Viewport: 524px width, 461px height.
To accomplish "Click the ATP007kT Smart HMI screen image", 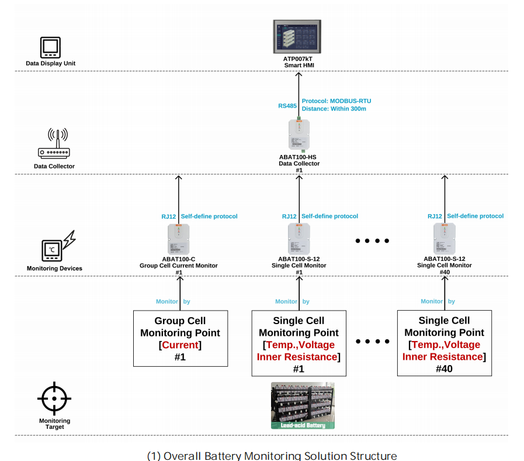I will pyautogui.click(x=299, y=37).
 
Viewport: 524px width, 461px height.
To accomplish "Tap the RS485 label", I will pyautogui.click(x=287, y=106).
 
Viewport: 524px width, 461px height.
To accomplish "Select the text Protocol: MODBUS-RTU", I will pyautogui.click(x=336, y=101).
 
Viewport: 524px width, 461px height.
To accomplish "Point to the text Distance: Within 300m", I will pyautogui.click(x=334, y=109).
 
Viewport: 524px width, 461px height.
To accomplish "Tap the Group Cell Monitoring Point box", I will pyautogui.click(x=180, y=339).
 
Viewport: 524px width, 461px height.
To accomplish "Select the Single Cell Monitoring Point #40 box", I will pyautogui.click(x=445, y=343).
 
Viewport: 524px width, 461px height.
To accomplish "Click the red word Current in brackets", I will pyautogui.click(x=180, y=345).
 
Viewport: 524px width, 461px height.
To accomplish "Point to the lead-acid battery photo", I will pyautogui.click(x=303, y=405).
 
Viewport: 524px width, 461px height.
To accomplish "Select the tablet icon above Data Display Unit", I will pyautogui.click(x=50, y=47).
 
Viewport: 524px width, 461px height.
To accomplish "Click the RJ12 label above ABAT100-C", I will pyautogui.click(x=169, y=216).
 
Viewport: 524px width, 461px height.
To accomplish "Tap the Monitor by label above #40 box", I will pyautogui.click(x=437, y=302).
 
